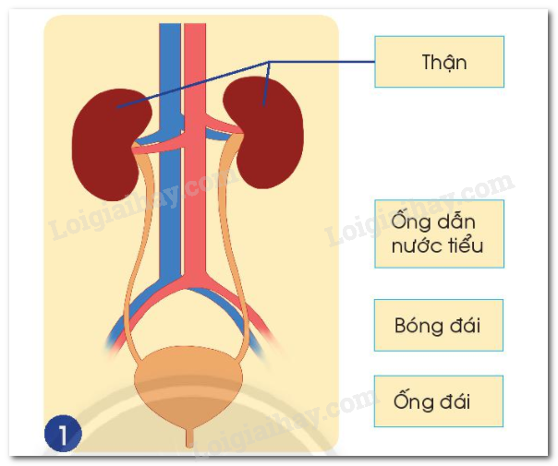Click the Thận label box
pos(439,62)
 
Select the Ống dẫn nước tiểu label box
pos(439,233)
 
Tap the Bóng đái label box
pos(439,325)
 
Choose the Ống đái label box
pos(439,401)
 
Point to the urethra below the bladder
pos(191,434)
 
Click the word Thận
pos(443,63)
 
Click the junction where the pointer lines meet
pos(270,62)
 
